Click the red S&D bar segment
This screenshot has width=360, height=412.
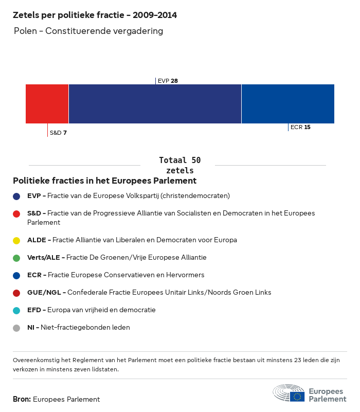point(47,104)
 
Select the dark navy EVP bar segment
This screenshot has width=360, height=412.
point(155,104)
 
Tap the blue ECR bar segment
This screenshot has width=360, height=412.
point(288,104)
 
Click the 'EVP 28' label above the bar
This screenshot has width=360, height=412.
point(168,81)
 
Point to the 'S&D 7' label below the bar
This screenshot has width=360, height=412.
point(58,133)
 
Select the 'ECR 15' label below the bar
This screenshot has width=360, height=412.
point(300,127)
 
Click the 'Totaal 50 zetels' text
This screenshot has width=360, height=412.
point(179,165)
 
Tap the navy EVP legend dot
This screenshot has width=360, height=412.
point(16,196)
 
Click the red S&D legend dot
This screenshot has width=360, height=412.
point(16,213)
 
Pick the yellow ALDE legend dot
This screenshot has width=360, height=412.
point(16,240)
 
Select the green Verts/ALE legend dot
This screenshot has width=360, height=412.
point(16,258)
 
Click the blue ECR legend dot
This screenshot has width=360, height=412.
point(16,275)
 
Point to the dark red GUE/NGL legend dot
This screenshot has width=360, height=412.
point(16,293)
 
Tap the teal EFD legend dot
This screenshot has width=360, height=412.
point(16,310)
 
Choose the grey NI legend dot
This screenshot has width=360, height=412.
point(16,328)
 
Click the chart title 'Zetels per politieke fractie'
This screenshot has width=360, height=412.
point(95,15)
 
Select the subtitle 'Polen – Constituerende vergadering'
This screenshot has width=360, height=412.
point(88,31)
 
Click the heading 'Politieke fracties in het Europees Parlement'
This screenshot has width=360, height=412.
point(104,181)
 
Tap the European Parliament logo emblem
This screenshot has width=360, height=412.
point(289,392)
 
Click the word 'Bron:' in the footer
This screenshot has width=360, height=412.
point(22,399)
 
